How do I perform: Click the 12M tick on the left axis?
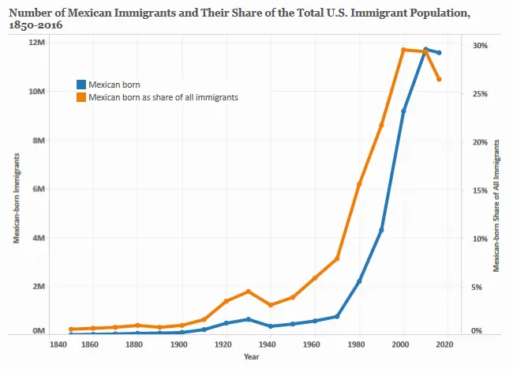pos(36,43)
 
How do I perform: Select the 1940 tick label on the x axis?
pos(270,345)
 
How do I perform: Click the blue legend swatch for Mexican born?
pos(80,84)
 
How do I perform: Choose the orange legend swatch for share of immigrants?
pos(80,97)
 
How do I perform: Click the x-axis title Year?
pos(251,358)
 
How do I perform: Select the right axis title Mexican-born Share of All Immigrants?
pos(496,205)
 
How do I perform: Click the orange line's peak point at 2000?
pos(403,50)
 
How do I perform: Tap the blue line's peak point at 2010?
pos(425,50)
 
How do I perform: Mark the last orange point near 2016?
pos(440,79)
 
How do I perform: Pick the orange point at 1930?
pos(248,292)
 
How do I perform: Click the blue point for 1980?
pos(359,281)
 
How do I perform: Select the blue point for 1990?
pos(381,230)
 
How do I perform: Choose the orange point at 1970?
pos(337,258)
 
